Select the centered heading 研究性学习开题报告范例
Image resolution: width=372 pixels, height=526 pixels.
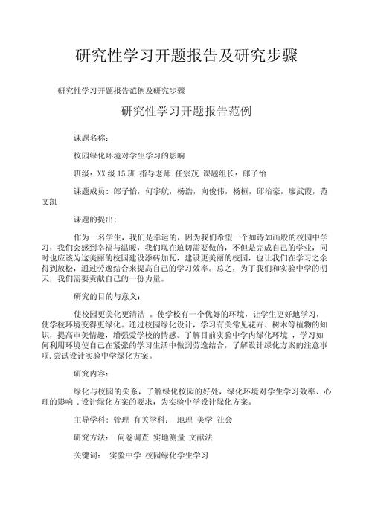coord(186,113)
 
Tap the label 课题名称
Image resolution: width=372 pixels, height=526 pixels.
coord(90,138)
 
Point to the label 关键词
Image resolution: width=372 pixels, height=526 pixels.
coord(86,455)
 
